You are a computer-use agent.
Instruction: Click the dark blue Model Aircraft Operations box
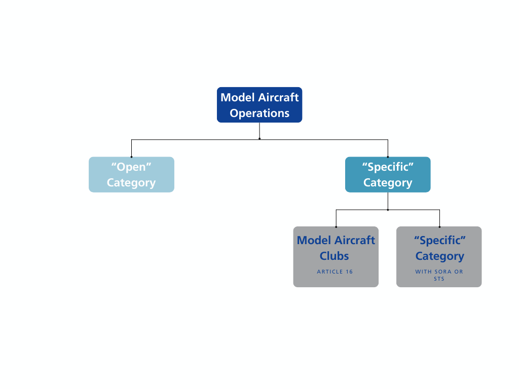259,105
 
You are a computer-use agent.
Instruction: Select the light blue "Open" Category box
131,175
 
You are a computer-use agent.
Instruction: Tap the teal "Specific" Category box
388,175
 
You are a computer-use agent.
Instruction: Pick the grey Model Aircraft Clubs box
336,257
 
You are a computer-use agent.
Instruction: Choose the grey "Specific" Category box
439,257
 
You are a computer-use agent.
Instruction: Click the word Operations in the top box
259,113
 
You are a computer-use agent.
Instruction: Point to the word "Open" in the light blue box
131,167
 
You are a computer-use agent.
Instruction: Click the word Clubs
335,256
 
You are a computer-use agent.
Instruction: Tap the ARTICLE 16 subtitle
335,271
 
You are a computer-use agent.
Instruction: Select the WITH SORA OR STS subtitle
439,275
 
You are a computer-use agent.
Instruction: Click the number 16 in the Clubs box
349,271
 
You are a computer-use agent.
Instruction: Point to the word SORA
443,271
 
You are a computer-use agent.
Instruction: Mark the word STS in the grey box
439,279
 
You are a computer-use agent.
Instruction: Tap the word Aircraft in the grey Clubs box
355,240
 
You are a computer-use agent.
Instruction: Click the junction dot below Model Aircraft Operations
259,139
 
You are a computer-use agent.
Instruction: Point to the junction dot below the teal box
388,210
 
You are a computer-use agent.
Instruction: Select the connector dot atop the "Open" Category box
131,157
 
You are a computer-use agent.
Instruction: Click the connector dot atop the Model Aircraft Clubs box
336,227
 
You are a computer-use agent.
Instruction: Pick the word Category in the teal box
388,183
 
